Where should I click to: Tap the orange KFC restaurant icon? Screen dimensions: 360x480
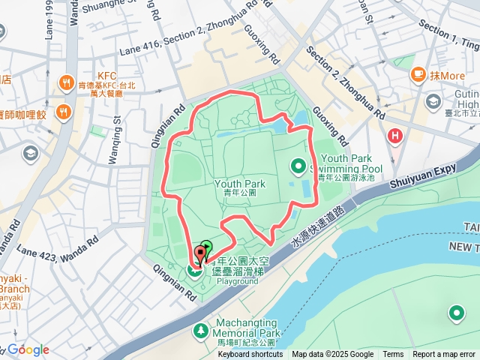tap(67, 82)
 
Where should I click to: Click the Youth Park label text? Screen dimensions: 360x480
tap(240, 184)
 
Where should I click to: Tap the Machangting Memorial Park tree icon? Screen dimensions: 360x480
tap(201, 330)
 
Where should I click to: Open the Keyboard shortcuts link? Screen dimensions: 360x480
tap(250, 355)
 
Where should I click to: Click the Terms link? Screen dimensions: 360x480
tap(393, 355)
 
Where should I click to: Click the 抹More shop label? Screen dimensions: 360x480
tap(448, 76)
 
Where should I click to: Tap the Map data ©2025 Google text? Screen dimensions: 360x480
tap(332, 355)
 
